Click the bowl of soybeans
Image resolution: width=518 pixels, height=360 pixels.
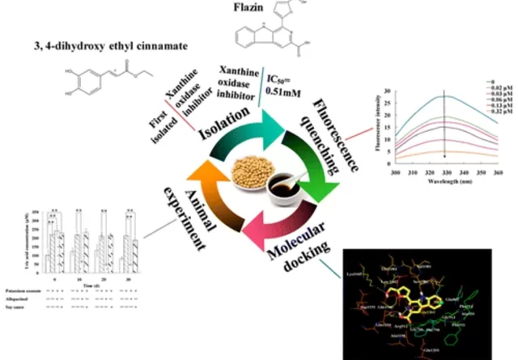point(248,173)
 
